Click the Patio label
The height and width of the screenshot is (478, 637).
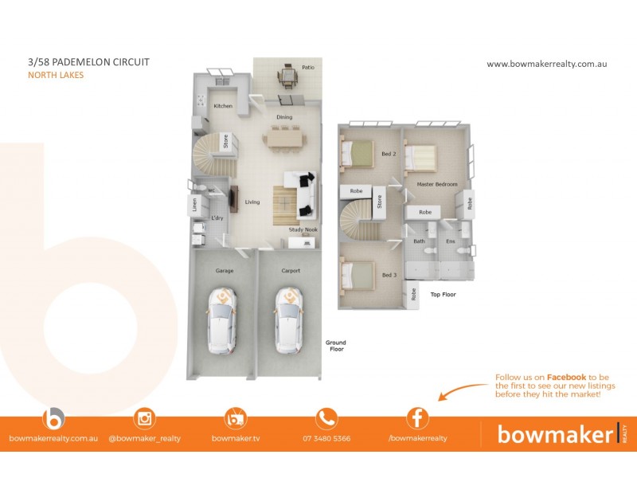click(307, 68)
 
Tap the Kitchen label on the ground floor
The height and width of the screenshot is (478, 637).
click(222, 106)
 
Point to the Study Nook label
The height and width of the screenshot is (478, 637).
click(303, 230)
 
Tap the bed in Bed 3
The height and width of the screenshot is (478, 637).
click(358, 275)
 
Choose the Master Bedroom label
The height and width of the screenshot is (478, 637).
click(437, 184)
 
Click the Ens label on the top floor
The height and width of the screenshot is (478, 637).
click(450, 241)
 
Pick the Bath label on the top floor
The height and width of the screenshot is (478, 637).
click(418, 241)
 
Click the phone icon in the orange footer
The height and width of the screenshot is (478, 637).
click(326, 418)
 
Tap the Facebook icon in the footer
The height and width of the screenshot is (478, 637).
click(417, 418)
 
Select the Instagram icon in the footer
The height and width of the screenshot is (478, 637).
click(145, 418)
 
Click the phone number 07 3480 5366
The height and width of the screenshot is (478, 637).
click(326, 438)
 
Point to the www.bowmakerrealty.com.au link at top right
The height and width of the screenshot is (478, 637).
click(546, 64)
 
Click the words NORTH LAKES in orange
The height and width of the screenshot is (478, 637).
click(56, 76)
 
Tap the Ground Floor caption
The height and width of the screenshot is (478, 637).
click(335, 346)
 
